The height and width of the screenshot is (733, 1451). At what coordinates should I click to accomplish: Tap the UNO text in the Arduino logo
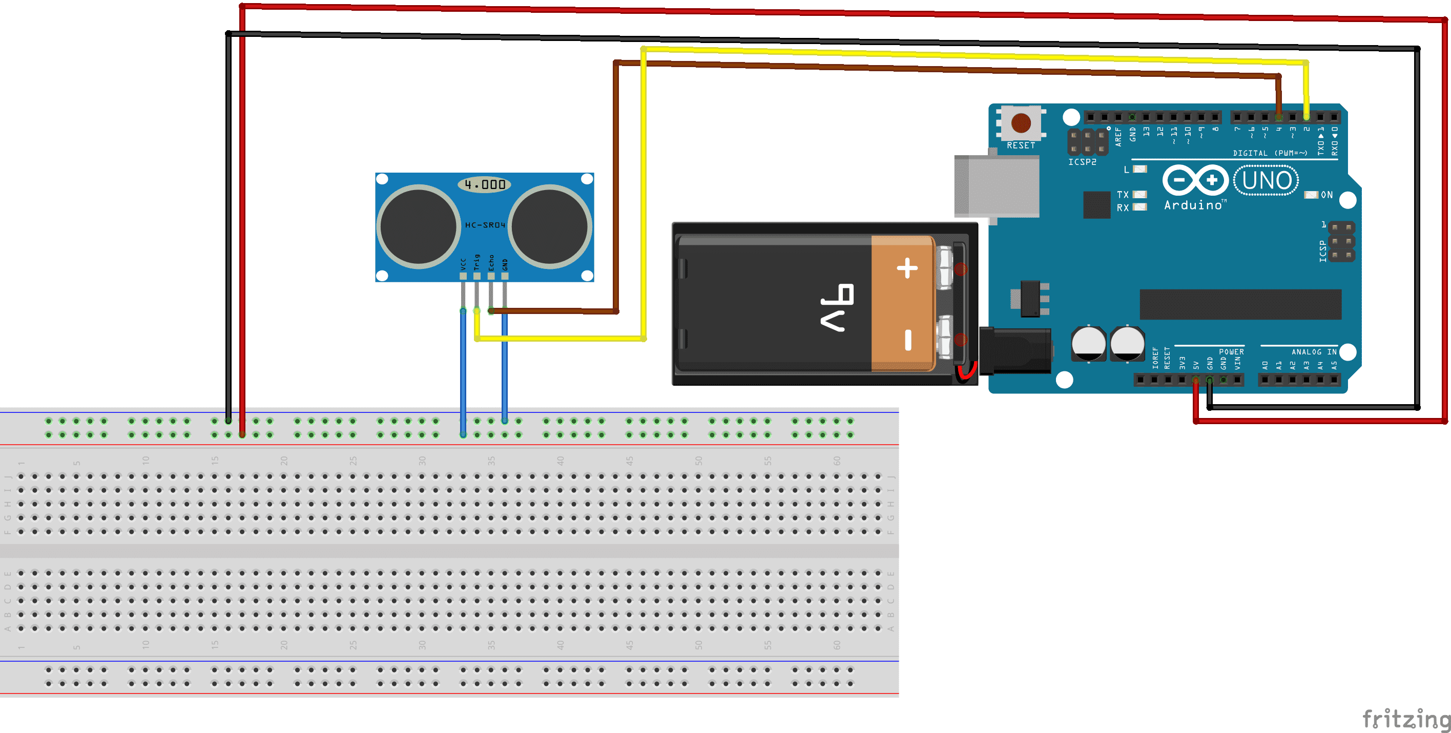click(x=1266, y=181)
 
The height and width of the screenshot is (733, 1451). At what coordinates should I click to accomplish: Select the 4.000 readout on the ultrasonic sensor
click(x=484, y=184)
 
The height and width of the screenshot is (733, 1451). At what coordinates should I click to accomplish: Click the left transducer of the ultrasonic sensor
click(x=418, y=226)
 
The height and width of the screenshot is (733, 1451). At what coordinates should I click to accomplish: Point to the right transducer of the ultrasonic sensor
click(x=550, y=226)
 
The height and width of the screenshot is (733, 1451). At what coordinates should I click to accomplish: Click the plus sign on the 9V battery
click(x=907, y=268)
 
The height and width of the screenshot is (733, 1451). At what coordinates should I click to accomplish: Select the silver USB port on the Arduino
click(x=996, y=186)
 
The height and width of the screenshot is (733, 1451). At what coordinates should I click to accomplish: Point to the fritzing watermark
click(x=1405, y=720)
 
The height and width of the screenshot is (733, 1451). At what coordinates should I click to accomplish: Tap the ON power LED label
click(x=1326, y=195)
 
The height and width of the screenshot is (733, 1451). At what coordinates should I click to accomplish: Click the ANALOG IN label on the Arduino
click(x=1314, y=352)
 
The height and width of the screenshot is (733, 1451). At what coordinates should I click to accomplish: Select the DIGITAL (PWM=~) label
click(x=1270, y=153)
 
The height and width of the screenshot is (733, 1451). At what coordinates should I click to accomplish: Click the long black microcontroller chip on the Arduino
click(x=1240, y=304)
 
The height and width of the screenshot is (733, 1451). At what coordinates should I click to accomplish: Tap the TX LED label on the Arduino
click(x=1123, y=194)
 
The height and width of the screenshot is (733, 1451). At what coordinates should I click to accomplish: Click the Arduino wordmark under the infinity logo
click(x=1193, y=205)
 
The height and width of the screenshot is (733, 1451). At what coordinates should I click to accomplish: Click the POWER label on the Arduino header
click(x=1231, y=352)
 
